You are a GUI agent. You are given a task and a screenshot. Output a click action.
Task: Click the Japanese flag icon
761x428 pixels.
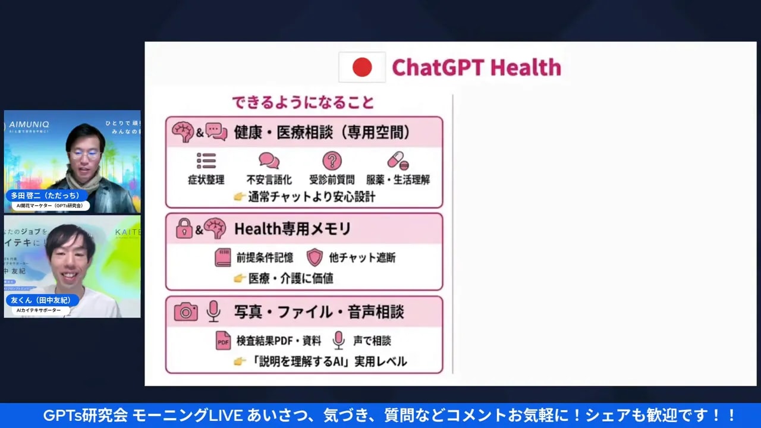[362, 67]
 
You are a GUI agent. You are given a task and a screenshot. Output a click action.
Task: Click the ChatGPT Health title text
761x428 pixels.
[476, 67]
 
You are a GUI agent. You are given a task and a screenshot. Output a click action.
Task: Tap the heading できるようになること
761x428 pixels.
[303, 102]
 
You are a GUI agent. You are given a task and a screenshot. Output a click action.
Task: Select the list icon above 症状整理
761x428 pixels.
[206, 161]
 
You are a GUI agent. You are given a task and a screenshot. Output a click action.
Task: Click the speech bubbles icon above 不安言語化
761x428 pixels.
[269, 160]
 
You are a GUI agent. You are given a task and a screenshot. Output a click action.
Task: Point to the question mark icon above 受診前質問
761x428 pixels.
[332, 160]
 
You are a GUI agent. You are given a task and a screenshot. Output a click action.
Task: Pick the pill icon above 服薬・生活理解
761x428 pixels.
[397, 160]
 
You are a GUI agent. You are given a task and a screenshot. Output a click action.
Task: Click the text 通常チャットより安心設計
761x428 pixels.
[312, 196]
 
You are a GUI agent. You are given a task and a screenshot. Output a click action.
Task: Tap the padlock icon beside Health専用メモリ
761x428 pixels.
[184, 229]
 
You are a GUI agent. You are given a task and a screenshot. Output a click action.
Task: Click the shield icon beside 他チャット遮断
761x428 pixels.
[315, 257]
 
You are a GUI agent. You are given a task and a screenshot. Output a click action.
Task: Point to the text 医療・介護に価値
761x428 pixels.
[291, 278]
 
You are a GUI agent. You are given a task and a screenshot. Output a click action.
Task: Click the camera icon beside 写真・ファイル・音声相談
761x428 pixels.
[186, 312]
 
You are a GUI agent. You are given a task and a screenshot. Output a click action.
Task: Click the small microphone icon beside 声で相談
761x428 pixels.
[338, 341]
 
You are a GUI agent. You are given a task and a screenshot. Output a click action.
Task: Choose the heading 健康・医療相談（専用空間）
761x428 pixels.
[322, 132]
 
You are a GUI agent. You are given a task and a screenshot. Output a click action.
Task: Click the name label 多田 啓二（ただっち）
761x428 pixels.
[46, 196]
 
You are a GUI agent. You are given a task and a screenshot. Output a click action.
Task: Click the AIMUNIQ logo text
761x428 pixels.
[29, 125]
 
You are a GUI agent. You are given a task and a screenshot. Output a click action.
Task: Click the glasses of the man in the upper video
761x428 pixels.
[84, 154]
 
